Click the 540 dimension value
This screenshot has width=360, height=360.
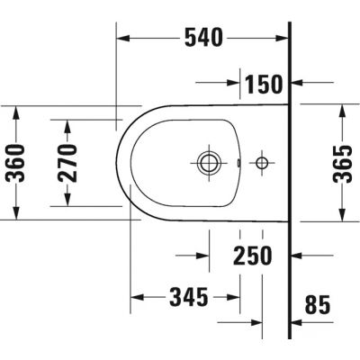203,38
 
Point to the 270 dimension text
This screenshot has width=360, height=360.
69,162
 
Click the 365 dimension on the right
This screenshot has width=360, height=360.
340,162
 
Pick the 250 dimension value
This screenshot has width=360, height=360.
251,256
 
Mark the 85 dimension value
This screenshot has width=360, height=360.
319,305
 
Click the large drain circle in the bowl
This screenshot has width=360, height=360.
207,163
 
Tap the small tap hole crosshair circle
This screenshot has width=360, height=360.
262,163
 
